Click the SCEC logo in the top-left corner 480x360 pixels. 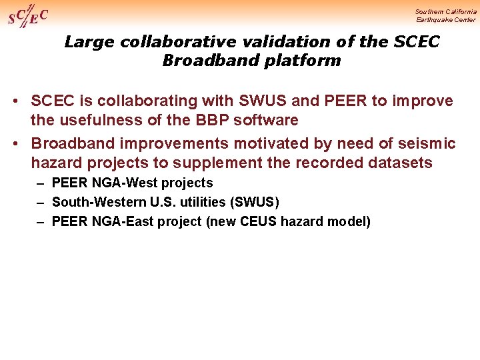click(27, 16)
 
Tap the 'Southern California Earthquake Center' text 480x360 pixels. click(445, 15)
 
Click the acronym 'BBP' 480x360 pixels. click(205, 121)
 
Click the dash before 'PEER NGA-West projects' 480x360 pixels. click(41, 183)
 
